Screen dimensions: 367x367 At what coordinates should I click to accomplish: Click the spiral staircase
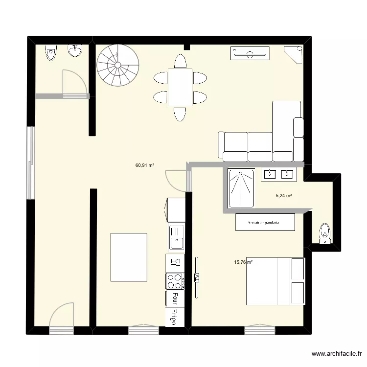pos(117,65)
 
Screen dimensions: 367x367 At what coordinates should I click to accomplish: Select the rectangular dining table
pos(180,87)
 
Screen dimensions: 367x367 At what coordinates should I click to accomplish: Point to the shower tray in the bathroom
pos(241,187)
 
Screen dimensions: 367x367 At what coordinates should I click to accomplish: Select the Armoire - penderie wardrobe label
pos(265,222)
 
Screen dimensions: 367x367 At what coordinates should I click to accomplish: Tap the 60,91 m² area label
pos(145,165)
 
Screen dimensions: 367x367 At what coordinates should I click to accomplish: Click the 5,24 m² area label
pos(284,196)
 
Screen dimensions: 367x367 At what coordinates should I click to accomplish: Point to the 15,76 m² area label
pos(243,262)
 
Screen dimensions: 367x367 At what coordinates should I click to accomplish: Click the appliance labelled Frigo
pos(175,313)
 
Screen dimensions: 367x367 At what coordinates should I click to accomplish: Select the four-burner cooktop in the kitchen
pos(175,280)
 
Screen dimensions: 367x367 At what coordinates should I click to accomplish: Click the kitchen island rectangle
pos(129,257)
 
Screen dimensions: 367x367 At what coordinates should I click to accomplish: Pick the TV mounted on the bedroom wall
pos(197,277)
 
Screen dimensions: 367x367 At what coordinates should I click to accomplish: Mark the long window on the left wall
pos(30,162)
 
